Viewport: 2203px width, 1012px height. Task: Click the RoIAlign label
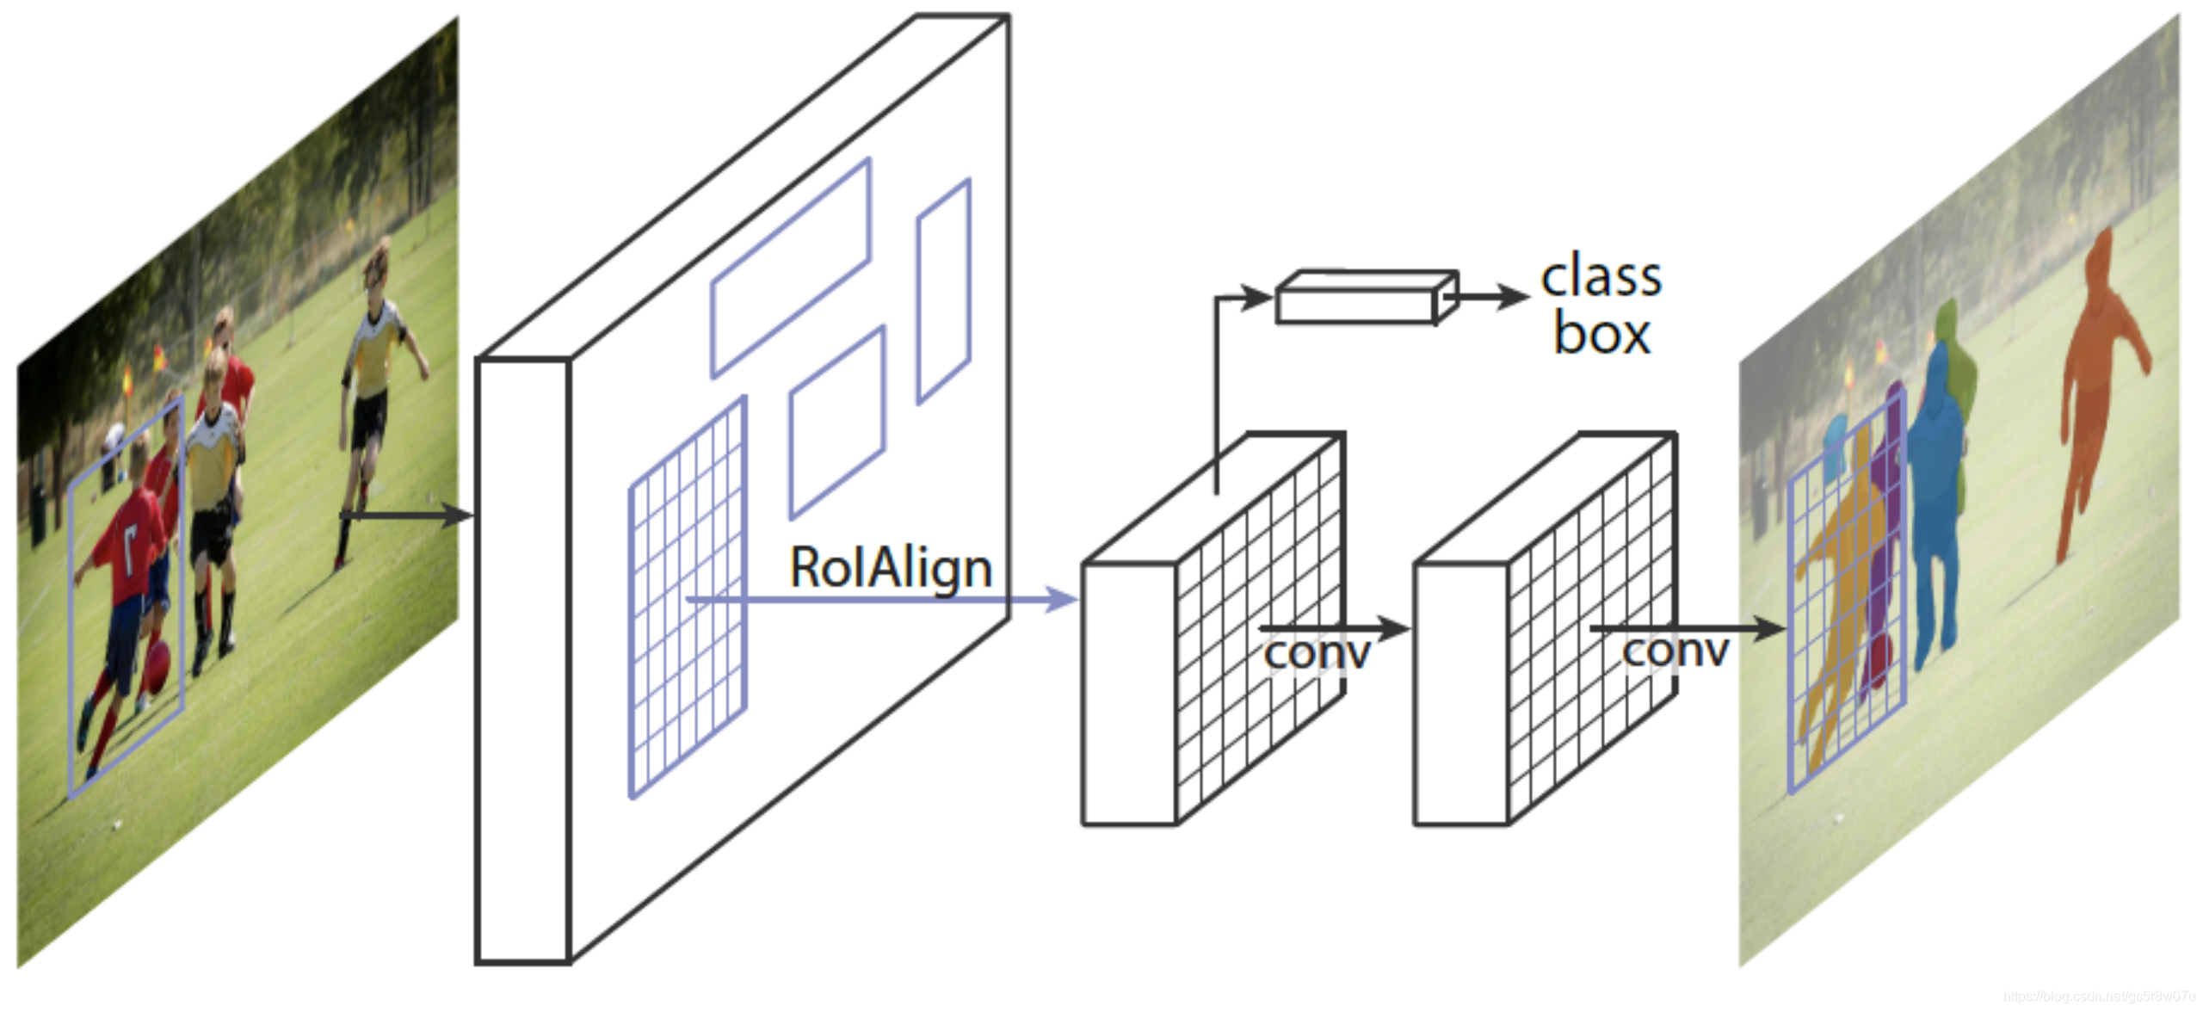click(x=891, y=569)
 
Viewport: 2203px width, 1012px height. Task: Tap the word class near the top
click(x=1601, y=277)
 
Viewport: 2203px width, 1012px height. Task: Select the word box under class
click(x=1601, y=334)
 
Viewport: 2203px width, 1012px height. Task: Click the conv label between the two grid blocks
click(x=1317, y=652)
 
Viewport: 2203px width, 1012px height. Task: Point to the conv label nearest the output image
click(x=1675, y=650)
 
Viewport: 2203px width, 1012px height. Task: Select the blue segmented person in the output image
click(x=1936, y=482)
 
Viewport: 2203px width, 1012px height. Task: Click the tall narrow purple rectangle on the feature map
click(x=944, y=291)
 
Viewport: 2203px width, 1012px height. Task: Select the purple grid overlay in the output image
click(x=1848, y=594)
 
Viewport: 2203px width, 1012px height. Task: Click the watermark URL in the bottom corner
click(x=2100, y=997)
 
